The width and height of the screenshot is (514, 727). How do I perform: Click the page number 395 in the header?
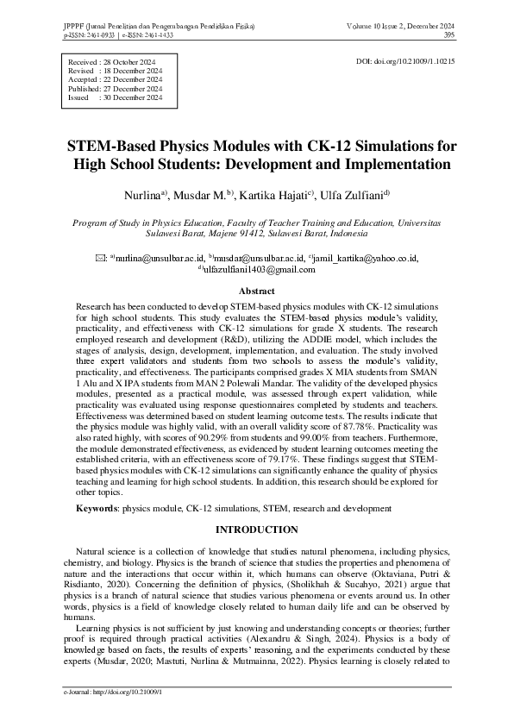[448, 35]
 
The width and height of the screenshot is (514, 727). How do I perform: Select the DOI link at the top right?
[405, 63]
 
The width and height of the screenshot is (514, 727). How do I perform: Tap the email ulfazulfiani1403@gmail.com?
[259, 269]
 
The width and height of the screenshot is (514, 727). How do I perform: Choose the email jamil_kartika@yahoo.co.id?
[366, 258]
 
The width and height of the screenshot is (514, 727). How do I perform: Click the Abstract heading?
[256, 291]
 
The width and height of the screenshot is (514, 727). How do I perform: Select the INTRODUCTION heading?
[256, 530]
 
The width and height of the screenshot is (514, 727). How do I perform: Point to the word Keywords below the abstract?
[96, 509]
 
